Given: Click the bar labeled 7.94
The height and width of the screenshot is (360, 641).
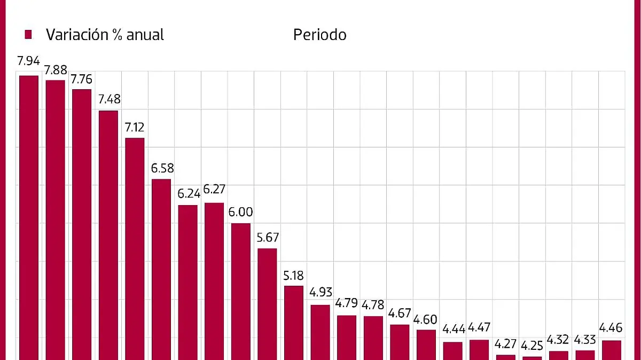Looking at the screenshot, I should pos(29,217).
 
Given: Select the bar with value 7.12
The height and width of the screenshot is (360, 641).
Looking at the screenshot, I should pos(135,248).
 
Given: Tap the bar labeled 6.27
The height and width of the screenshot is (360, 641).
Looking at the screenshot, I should pos(214,281).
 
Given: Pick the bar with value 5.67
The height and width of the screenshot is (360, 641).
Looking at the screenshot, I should pos(267,304).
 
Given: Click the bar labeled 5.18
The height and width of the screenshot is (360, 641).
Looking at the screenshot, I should pos(294,323).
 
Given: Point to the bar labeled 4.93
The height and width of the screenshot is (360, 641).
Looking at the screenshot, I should pos(320,332).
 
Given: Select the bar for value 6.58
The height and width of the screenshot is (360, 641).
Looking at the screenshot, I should pos(161,269).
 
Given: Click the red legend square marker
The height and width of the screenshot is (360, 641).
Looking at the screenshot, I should pos(29,35).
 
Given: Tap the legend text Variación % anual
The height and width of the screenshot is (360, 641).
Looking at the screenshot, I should pos(105,35).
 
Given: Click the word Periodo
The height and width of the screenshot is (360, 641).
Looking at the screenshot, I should pos(319,35).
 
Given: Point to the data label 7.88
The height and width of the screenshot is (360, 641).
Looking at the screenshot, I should pos(55,71).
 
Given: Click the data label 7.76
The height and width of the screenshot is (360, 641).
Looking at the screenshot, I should pos(82,80).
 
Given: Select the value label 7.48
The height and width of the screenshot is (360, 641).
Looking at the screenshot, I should pos(108,99).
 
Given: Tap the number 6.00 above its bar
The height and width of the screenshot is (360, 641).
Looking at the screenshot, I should pos(240,212).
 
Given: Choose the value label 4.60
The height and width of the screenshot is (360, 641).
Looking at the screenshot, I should pos(426,320).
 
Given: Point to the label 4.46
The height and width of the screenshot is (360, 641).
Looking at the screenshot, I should pos(611,328).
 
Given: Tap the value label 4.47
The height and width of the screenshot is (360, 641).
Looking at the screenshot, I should pos(479,328).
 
